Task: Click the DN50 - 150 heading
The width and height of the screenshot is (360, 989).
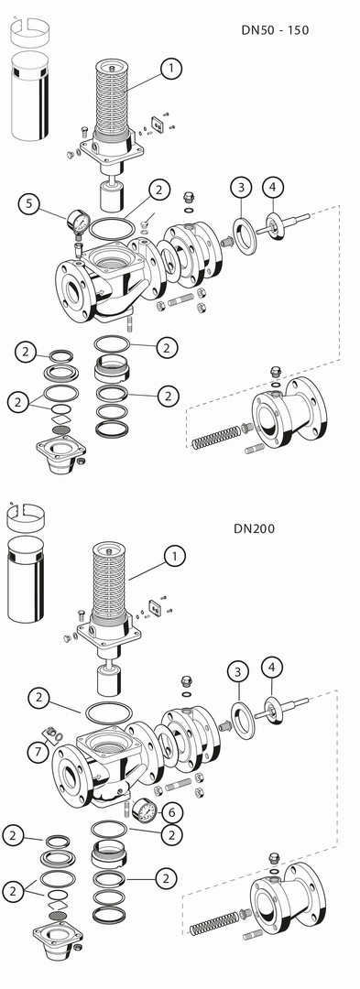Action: [276, 29]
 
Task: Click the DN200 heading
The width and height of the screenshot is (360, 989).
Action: [254, 528]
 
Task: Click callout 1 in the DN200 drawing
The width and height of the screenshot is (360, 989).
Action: [175, 556]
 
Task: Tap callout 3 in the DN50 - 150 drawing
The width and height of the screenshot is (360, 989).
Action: [241, 188]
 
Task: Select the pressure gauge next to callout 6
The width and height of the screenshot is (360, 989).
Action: [144, 809]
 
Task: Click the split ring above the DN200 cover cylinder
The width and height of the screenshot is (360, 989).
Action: [26, 516]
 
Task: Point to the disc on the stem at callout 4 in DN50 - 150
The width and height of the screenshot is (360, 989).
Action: [274, 224]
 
